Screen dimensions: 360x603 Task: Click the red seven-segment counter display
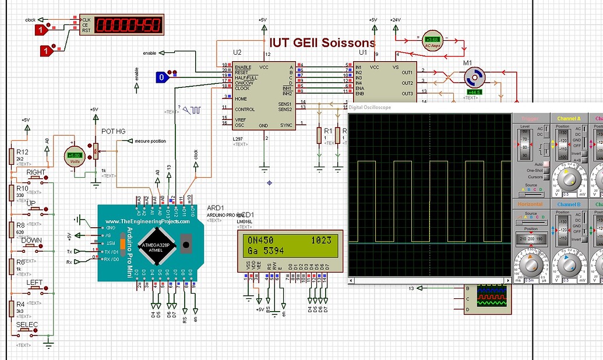[x=129, y=25]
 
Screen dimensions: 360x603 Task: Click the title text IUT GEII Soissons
[x=322, y=43]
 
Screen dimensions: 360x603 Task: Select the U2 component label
[x=237, y=52]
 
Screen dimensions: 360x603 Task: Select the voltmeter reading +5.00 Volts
[x=74, y=156]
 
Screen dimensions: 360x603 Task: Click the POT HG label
[x=113, y=132]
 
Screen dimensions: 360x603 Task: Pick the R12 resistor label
[x=22, y=152]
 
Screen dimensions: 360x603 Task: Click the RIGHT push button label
[x=36, y=172]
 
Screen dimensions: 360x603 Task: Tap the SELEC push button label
[x=27, y=324]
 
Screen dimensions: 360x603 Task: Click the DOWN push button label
[x=31, y=240]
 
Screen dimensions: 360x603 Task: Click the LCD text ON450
[x=260, y=240]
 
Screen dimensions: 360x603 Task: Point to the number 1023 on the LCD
[x=321, y=240]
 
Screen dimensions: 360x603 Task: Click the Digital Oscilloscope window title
[x=370, y=107]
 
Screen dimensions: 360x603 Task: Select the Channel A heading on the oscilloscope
[x=569, y=119]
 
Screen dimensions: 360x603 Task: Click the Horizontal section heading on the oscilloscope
[x=530, y=204]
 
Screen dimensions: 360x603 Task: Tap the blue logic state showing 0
[x=162, y=77]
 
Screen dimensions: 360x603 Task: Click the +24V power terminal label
[x=396, y=19]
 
